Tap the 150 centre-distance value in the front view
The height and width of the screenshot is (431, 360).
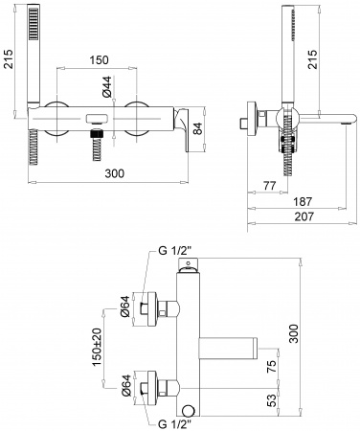98,59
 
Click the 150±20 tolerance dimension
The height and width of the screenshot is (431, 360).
97,347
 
